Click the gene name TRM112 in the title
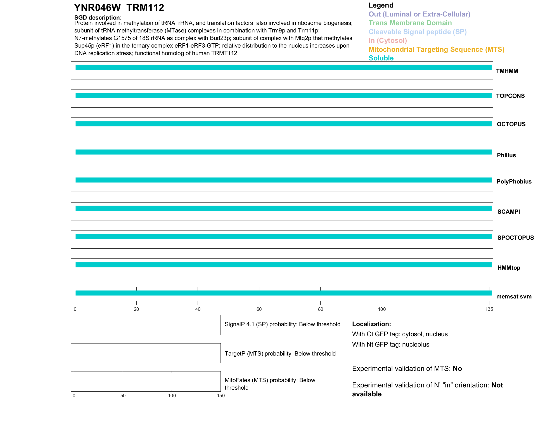coord(145,8)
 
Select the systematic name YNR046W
coord(97,8)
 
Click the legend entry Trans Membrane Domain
coord(410,23)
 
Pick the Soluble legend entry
coord(381,58)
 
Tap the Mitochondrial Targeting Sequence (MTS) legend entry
coord(436,50)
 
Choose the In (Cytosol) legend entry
coord(388,41)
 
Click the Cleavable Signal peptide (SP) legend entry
coord(418,32)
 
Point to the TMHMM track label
coord(507,71)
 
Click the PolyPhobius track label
coord(514,182)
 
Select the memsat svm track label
coord(514,297)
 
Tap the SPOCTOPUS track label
coord(515,238)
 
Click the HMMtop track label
coord(509,268)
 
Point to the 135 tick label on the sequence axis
coord(489,309)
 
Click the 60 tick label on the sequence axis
coord(259,309)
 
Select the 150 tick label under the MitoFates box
coord(221,396)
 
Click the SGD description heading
coord(98,18)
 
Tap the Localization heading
coord(371,324)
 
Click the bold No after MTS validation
coord(457,369)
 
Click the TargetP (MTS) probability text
coord(280,354)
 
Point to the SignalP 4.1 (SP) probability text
coord(282,324)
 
